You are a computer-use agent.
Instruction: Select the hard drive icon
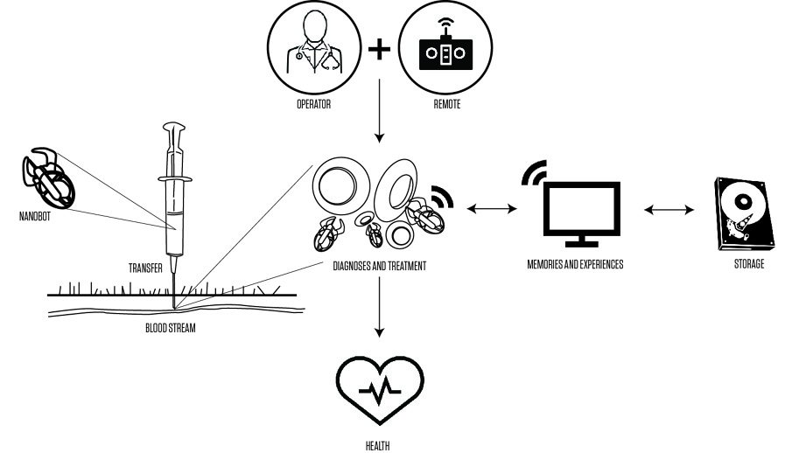pos(745,211)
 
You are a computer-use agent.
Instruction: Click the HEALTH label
pos(380,444)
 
